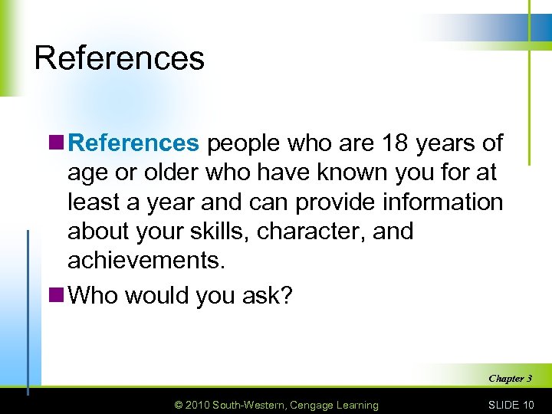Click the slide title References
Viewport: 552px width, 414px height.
coord(119,58)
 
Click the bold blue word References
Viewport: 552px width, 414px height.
coord(133,143)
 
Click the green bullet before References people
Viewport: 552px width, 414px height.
coord(58,143)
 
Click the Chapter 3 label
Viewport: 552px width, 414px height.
coord(510,378)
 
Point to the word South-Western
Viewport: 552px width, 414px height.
coord(251,405)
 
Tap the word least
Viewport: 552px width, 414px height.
coord(92,202)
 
